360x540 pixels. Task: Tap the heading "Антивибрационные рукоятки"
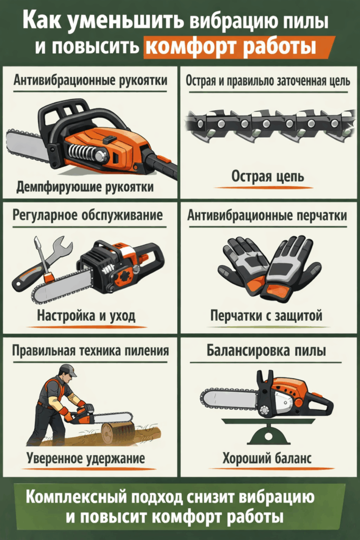tap(90, 81)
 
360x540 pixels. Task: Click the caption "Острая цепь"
tap(268, 177)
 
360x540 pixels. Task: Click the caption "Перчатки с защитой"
tap(266, 316)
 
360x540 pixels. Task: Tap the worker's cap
tap(67, 370)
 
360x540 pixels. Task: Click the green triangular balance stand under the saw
tap(266, 433)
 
